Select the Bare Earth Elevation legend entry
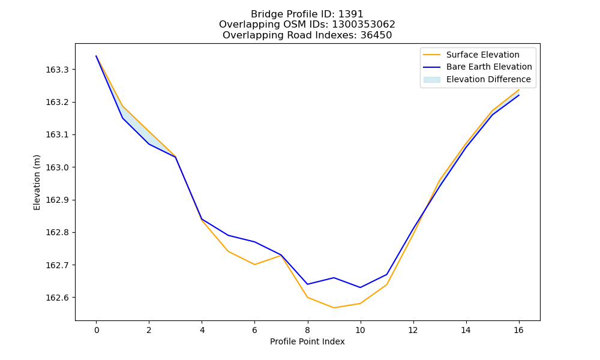478,67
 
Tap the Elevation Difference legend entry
477,80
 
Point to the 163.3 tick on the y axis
58,70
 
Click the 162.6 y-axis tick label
58,298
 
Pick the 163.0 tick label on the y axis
58,167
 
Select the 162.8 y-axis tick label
58,233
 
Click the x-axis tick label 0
97,330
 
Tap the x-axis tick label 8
308,330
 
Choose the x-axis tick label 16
518,330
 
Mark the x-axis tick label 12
413,330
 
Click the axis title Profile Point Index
307,341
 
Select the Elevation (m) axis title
37,182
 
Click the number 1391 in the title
350,14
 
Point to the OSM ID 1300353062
364,25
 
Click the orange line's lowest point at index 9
334,308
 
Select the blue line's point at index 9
334,278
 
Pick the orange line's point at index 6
254,265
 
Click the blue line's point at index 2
149,144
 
